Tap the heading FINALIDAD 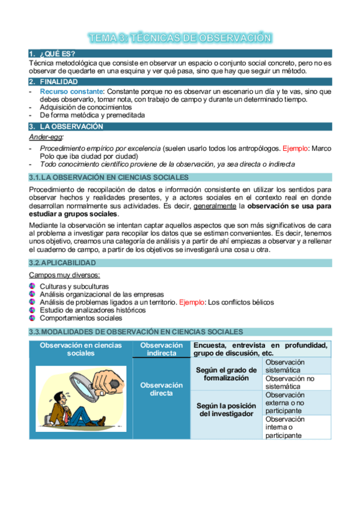click(x=58, y=82)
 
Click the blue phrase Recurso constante click(x=69, y=91)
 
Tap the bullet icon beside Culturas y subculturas click(x=32, y=286)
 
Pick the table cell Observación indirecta click(x=161, y=349)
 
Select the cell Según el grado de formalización click(x=225, y=374)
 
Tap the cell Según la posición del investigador click(x=225, y=410)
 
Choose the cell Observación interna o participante click(x=297, y=427)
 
